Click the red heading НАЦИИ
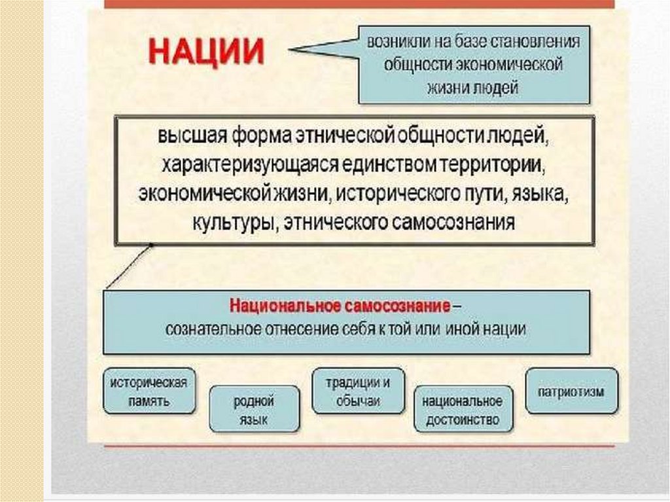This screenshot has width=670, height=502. (205, 51)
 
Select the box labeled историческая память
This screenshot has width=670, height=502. (149, 391)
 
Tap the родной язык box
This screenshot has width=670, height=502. (254, 410)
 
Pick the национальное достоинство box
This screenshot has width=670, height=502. (463, 410)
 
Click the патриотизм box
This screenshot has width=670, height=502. (571, 392)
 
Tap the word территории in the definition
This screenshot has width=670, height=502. (496, 166)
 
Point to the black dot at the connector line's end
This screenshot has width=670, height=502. (151, 245)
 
